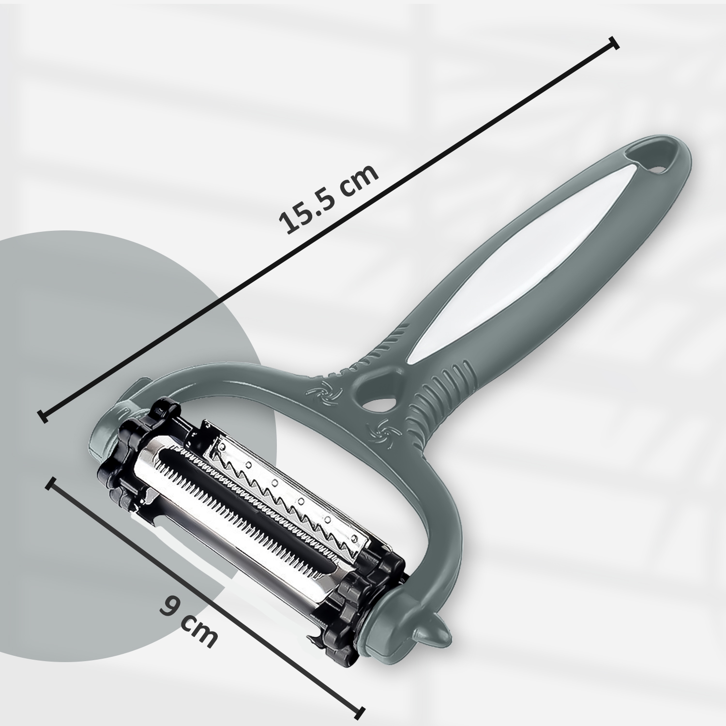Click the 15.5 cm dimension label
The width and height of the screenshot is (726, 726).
coord(329,199)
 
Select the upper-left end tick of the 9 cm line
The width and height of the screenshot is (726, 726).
coord(51,483)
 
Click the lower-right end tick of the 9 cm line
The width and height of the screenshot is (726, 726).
coord(359,711)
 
